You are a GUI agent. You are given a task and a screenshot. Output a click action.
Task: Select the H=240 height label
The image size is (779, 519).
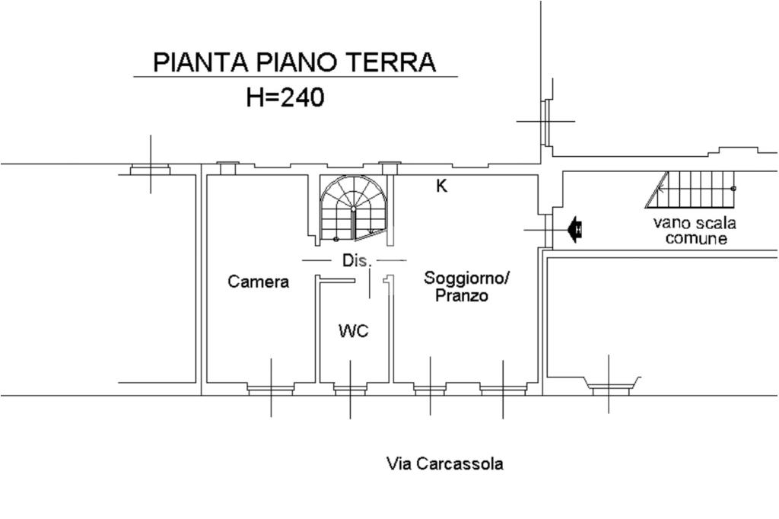click(x=285, y=97)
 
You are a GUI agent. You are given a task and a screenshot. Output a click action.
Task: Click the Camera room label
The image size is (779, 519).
click(x=259, y=282)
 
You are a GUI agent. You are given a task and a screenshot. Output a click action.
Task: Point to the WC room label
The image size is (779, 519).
click(x=354, y=331)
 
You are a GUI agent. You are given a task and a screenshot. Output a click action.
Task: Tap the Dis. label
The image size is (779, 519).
click(x=356, y=261)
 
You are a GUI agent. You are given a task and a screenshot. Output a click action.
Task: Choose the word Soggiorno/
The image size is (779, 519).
click(x=468, y=278)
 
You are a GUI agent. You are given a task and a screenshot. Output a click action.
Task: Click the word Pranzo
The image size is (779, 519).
click(x=461, y=296)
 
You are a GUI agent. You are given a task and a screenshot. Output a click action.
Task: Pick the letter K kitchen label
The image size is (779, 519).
click(x=441, y=186)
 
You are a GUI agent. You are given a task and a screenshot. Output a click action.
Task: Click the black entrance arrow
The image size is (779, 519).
click(x=574, y=228)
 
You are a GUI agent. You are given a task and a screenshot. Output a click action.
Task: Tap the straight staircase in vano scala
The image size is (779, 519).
click(x=692, y=189)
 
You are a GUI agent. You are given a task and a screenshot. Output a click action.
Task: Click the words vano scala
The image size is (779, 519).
click(x=695, y=224)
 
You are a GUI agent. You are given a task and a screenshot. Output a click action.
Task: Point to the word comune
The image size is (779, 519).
click(x=696, y=239)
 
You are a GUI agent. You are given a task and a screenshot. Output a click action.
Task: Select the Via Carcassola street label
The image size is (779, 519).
click(x=445, y=463)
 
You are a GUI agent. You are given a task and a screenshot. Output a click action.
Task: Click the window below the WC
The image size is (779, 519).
click(x=350, y=390)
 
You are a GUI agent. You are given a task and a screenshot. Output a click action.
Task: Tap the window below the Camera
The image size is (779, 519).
click(x=271, y=390)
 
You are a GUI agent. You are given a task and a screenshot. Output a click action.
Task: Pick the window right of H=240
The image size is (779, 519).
click(x=545, y=120)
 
